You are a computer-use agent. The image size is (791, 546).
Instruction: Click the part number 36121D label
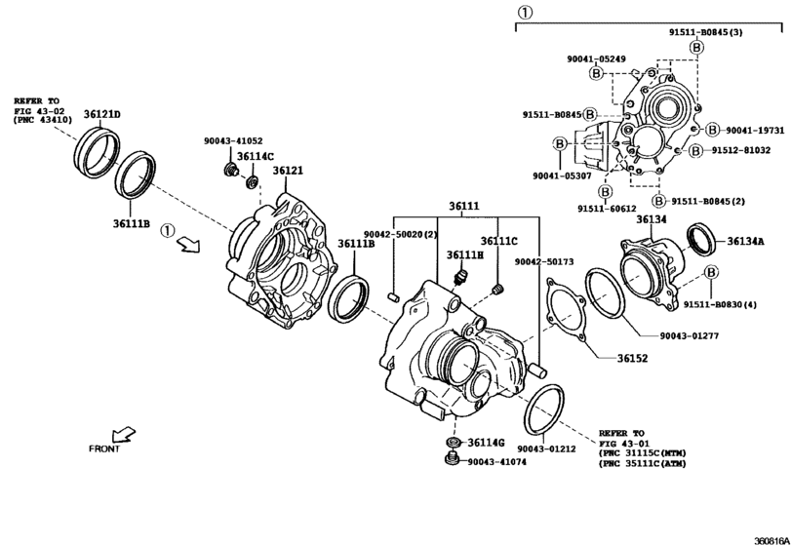coord(101,114)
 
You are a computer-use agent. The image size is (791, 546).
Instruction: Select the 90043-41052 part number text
coord(233,140)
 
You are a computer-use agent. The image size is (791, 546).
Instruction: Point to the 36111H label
coord(464,255)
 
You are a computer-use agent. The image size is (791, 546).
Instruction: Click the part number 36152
coord(633,359)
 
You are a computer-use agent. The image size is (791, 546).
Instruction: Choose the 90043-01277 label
coord(690,335)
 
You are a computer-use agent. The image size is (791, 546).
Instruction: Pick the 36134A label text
coord(745,242)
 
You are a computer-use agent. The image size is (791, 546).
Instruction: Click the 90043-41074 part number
coord(496,462)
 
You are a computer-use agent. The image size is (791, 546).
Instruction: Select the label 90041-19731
coord(755,130)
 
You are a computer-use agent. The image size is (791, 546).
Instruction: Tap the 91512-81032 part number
coord(741,150)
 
